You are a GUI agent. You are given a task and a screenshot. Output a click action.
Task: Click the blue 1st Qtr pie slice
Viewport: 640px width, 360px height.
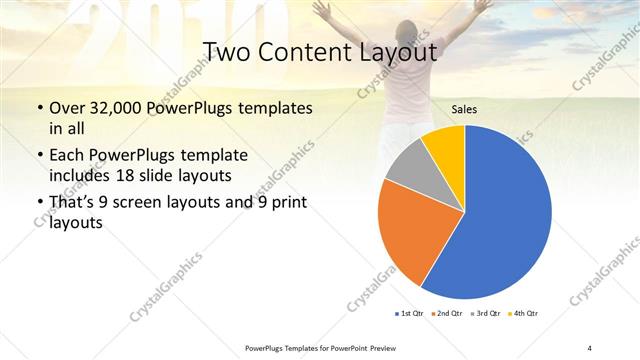(x=500, y=220)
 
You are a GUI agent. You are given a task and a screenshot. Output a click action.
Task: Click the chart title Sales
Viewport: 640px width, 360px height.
(x=463, y=108)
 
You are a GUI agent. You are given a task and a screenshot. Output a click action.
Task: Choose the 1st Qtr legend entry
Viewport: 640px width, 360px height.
(x=409, y=313)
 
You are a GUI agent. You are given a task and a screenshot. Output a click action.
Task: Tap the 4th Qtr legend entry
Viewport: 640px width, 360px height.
(x=526, y=313)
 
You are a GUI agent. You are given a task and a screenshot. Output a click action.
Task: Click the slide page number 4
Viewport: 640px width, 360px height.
(x=590, y=347)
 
